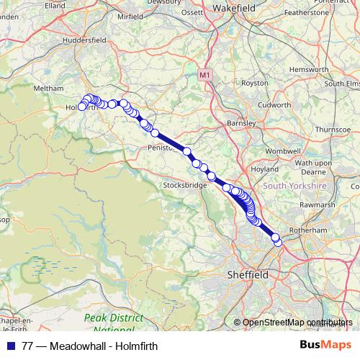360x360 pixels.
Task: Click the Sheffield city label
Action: coord(247,275)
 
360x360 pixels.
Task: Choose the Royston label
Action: coord(254,83)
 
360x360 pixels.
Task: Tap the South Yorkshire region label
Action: coord(294,186)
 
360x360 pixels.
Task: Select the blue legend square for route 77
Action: coord(7,346)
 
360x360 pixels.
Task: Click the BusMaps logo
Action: coord(328,346)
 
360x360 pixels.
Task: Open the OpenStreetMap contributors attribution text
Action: coord(297,323)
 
